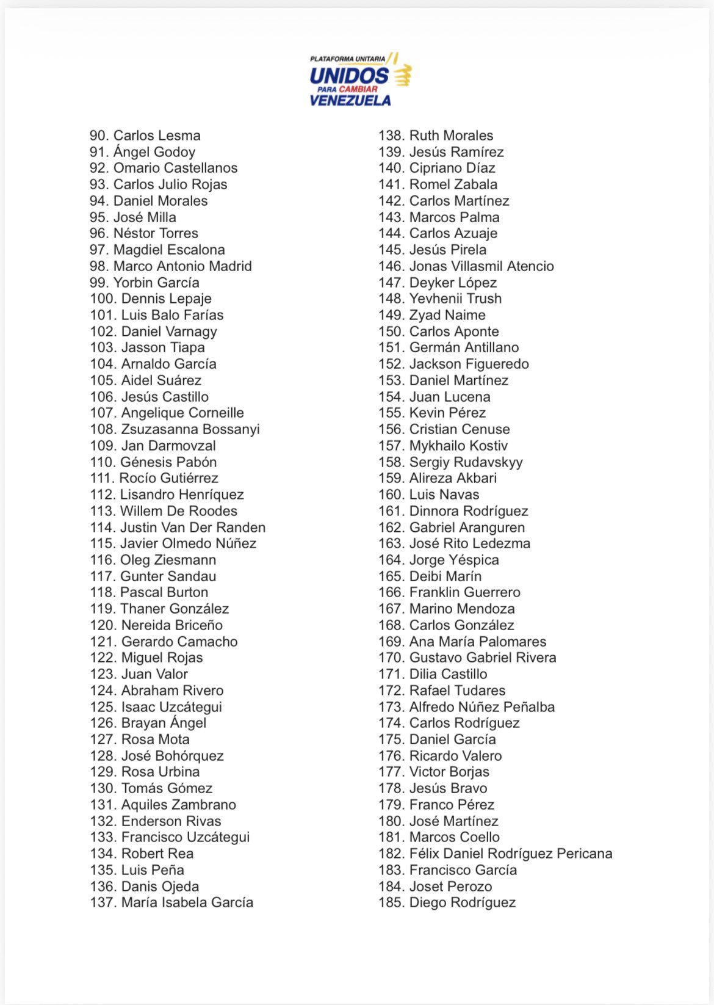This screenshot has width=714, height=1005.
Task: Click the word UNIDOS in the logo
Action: coord(348,76)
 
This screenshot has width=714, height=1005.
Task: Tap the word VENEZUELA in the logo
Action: coord(350,101)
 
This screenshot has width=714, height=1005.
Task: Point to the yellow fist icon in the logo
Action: coord(402,75)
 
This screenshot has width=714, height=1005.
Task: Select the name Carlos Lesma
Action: coord(157,136)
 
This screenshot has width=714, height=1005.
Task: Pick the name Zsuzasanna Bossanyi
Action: coord(190,429)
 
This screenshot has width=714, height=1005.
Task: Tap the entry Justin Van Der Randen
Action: coord(193,528)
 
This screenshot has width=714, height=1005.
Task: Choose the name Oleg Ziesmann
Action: coord(168,560)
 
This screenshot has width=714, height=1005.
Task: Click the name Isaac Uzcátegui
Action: coord(171,707)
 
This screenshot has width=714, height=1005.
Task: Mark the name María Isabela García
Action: coord(187,902)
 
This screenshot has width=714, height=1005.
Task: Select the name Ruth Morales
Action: coord(451,136)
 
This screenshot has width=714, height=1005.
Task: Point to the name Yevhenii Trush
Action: coord(455,299)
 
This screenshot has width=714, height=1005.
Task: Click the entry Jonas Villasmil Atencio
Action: coord(481,266)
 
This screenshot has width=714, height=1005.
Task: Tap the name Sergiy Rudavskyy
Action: coord(466,462)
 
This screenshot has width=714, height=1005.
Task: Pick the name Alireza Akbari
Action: coord(453,478)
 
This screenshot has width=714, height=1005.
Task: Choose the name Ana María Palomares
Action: coord(478,642)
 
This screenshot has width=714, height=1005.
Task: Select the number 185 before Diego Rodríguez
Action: coord(391,902)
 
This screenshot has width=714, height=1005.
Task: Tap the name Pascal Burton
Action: coord(164,592)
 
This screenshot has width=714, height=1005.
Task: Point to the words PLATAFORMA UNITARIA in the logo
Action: coord(347,59)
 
